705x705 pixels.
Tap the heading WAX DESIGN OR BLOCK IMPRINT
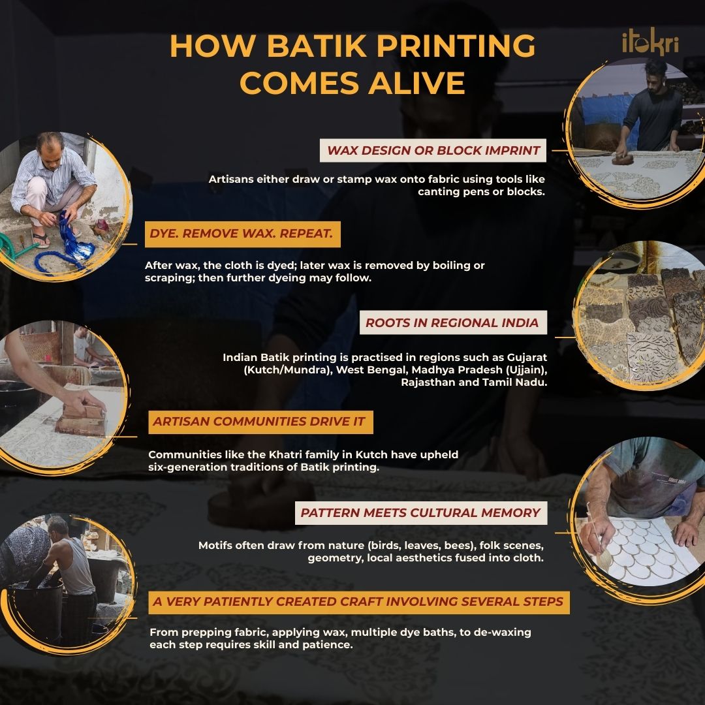433,151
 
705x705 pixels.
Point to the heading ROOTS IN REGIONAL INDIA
452,322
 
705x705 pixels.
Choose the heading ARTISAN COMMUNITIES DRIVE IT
258,422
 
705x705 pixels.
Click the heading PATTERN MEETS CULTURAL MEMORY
420,513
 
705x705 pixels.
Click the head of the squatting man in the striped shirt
50,145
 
